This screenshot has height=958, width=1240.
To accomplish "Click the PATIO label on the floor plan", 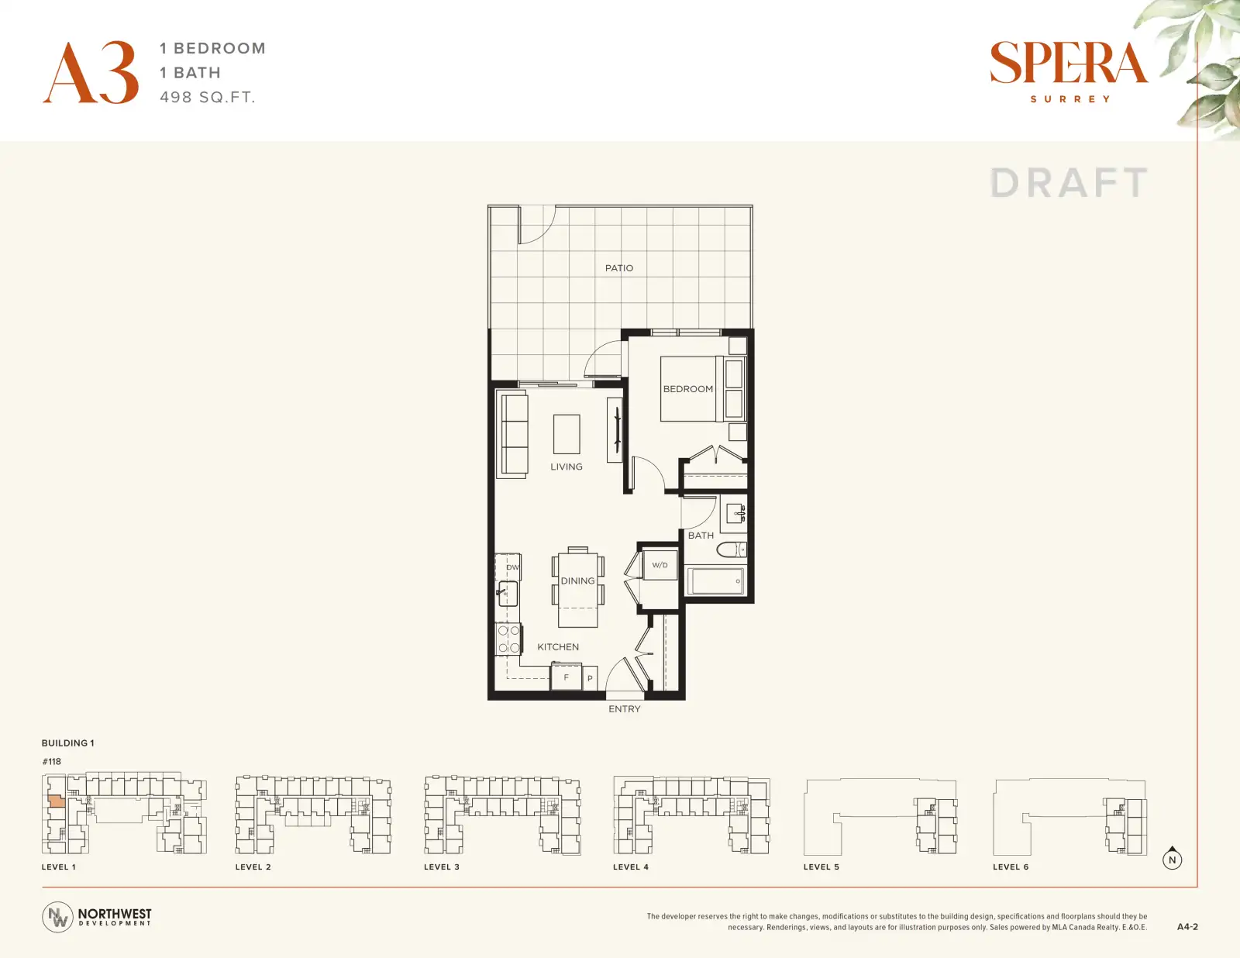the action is [x=619, y=268].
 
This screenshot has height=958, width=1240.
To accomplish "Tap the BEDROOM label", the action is [x=687, y=389].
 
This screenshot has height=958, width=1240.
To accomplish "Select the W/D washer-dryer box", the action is [x=660, y=565].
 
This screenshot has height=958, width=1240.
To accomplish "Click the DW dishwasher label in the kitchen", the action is [x=512, y=567].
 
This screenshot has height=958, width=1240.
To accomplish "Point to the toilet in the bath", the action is [x=731, y=550].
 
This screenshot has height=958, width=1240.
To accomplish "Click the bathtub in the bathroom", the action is [x=715, y=581].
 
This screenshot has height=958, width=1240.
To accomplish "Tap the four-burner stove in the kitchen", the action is [x=508, y=639].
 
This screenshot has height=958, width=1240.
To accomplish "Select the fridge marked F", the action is [x=566, y=677].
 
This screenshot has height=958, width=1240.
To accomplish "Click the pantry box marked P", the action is [x=590, y=678].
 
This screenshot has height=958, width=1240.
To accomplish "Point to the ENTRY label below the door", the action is [x=625, y=709].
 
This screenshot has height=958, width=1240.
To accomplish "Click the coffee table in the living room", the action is [x=567, y=434].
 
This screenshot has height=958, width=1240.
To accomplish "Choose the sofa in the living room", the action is [x=511, y=435].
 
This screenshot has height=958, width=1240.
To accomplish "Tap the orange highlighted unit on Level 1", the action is [x=56, y=801].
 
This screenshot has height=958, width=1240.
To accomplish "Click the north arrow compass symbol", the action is [x=1172, y=859].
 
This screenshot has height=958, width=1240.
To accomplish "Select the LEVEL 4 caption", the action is [x=631, y=867].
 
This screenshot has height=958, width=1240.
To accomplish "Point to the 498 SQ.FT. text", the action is [x=208, y=98].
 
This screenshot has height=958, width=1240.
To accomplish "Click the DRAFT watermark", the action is [x=1069, y=183].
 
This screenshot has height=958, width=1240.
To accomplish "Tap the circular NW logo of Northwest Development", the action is [x=57, y=918].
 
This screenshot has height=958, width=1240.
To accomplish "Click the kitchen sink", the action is [x=508, y=594].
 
